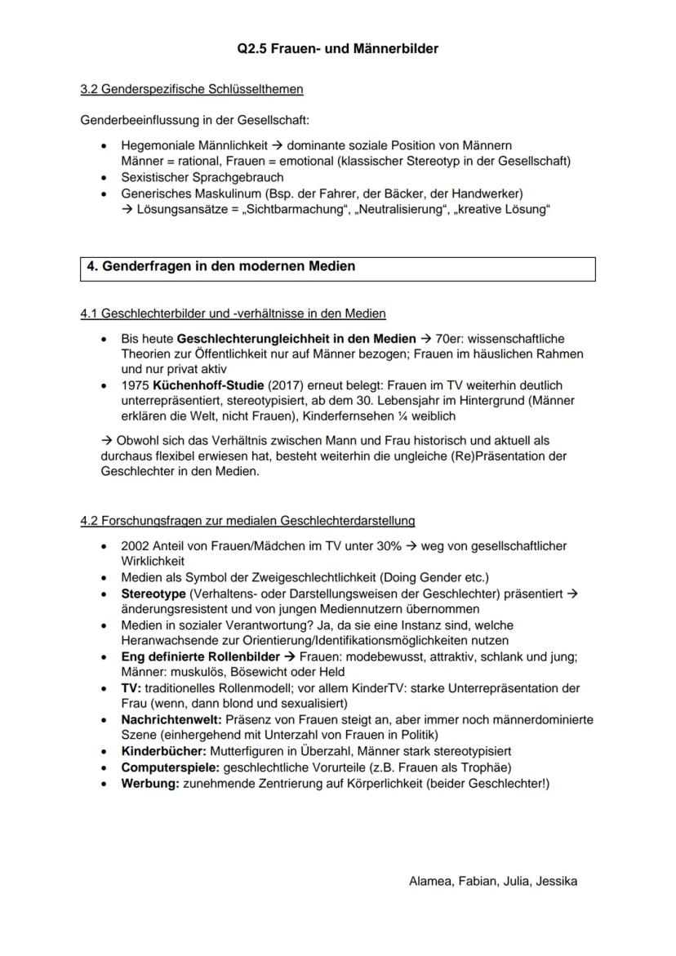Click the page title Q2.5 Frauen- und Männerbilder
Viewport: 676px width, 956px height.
point(338,49)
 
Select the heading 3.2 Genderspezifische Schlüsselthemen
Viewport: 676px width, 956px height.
point(192,88)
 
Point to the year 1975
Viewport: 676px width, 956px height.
point(135,385)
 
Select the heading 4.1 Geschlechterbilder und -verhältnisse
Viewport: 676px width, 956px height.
point(233,313)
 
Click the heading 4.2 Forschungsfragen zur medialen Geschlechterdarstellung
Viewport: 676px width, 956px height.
point(247,520)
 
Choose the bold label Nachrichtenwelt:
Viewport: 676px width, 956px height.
point(171,719)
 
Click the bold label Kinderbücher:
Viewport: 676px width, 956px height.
point(163,750)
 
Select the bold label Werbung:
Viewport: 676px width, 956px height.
point(149,783)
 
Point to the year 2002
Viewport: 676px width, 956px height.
point(135,545)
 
